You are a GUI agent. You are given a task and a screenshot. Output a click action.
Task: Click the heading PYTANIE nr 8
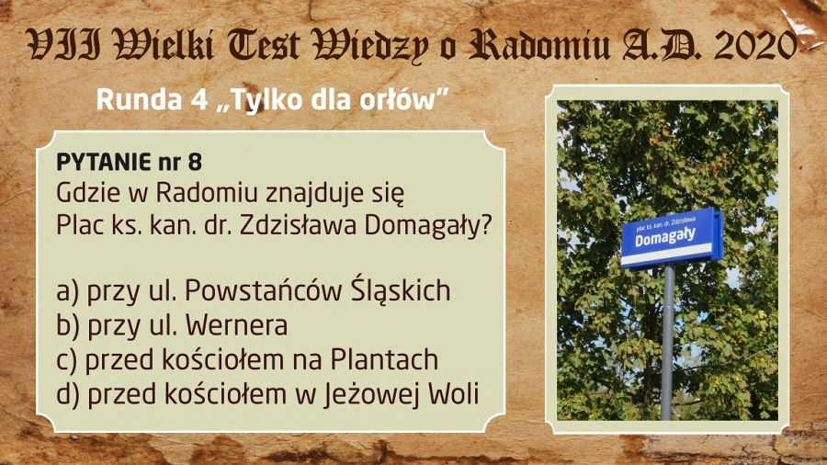(x=129, y=163)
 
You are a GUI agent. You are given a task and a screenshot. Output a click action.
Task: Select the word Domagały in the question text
(x=427, y=226)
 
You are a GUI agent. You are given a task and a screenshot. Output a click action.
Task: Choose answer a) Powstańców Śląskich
(x=254, y=291)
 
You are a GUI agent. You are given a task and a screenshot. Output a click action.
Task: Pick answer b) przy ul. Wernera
(x=172, y=325)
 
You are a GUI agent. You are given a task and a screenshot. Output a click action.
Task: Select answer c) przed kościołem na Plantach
(x=247, y=359)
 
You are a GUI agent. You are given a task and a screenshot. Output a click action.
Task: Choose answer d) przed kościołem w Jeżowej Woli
(x=267, y=394)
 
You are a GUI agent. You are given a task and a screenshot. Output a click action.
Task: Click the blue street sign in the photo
(x=672, y=238)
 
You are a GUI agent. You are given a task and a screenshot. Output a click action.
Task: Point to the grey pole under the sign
(x=668, y=342)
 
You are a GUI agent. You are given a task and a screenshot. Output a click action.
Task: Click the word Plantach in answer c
(x=384, y=359)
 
